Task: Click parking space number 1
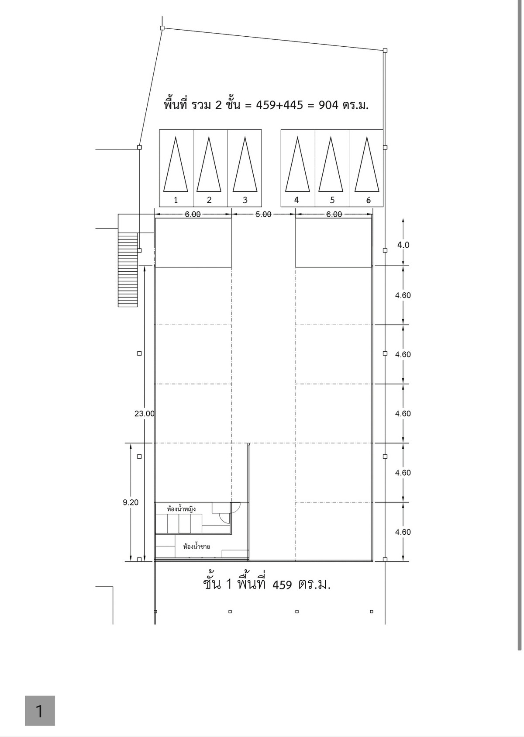click(x=176, y=168)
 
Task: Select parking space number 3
click(x=245, y=168)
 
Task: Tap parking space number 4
click(x=298, y=168)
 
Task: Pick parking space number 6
click(x=366, y=168)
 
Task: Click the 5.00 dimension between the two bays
click(x=263, y=215)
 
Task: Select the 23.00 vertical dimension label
click(x=145, y=414)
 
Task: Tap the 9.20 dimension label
click(x=131, y=502)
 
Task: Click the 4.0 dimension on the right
click(x=403, y=245)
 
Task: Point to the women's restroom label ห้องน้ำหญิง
click(x=182, y=509)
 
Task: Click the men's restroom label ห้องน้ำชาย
click(x=196, y=547)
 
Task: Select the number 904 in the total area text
click(x=329, y=105)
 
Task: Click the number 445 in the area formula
click(x=293, y=105)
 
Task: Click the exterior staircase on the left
click(x=128, y=270)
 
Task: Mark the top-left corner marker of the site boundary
click(x=162, y=28)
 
